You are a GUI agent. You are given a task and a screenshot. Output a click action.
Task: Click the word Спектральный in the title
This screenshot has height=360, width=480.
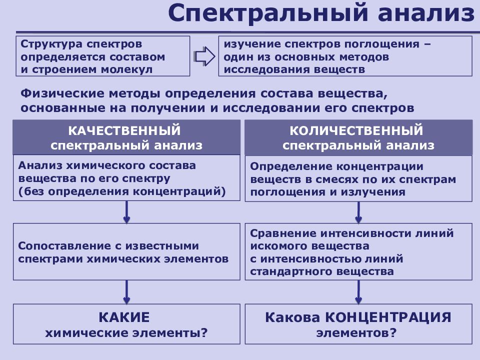[x=268, y=13]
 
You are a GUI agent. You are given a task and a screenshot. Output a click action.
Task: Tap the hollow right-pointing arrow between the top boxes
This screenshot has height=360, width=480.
[x=204, y=56]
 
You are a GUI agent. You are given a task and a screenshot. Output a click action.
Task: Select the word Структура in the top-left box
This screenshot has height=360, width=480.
[x=51, y=44]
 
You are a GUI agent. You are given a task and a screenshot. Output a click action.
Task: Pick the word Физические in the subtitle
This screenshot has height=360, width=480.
[x=62, y=93]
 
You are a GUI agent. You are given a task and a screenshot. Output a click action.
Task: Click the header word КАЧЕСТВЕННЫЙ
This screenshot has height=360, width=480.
[x=124, y=130]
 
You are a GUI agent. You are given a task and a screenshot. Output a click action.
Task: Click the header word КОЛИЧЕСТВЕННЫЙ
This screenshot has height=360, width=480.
[x=356, y=130]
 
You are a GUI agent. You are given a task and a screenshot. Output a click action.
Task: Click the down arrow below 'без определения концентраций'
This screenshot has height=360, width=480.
[x=126, y=212]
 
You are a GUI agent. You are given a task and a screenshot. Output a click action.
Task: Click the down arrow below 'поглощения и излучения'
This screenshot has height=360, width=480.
[x=358, y=212]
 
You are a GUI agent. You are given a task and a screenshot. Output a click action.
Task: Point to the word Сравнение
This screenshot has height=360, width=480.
[x=283, y=234]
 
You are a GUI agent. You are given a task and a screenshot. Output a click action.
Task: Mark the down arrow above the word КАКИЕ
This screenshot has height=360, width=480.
[x=126, y=292]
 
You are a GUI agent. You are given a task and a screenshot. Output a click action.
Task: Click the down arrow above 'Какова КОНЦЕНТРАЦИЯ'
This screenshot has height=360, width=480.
[x=358, y=292]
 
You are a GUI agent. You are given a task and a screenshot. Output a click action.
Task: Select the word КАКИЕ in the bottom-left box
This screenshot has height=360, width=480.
[x=124, y=317]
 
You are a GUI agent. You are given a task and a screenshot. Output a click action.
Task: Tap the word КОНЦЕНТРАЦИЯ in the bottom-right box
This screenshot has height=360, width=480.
[x=388, y=318]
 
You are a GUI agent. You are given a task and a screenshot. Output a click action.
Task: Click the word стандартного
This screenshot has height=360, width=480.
[x=287, y=272]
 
